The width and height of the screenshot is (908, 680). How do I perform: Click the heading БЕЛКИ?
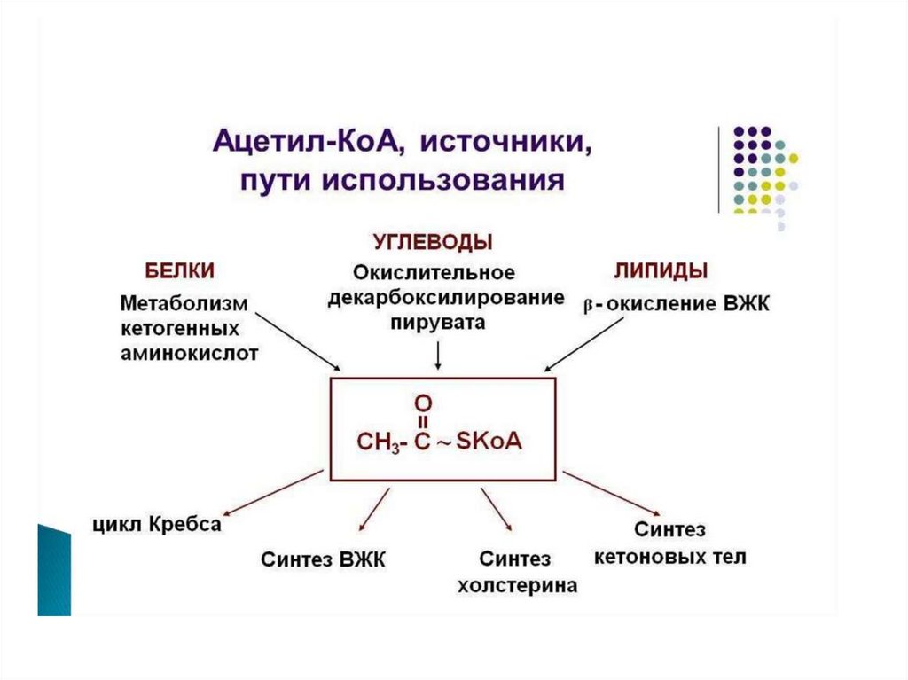(x=179, y=270)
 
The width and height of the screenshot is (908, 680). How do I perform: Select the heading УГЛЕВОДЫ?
(x=432, y=241)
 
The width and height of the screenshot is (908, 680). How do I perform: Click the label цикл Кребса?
(x=155, y=525)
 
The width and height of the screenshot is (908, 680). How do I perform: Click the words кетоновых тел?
(x=669, y=557)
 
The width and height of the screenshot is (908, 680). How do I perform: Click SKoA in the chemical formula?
(x=489, y=441)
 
